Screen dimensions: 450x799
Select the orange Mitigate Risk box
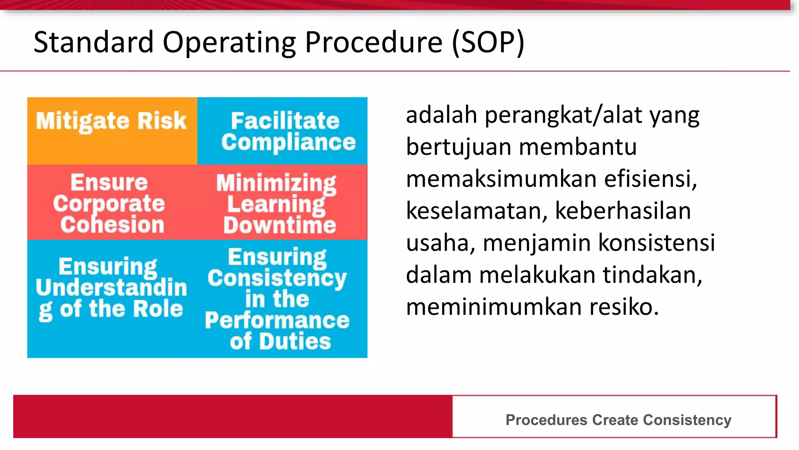coord(112,131)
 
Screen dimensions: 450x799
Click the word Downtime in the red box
coord(279,225)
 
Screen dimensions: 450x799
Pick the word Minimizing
coord(276,183)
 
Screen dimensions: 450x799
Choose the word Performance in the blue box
coord(277,320)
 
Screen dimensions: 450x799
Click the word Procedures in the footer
coord(546,420)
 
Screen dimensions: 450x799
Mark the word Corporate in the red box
coord(109,204)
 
